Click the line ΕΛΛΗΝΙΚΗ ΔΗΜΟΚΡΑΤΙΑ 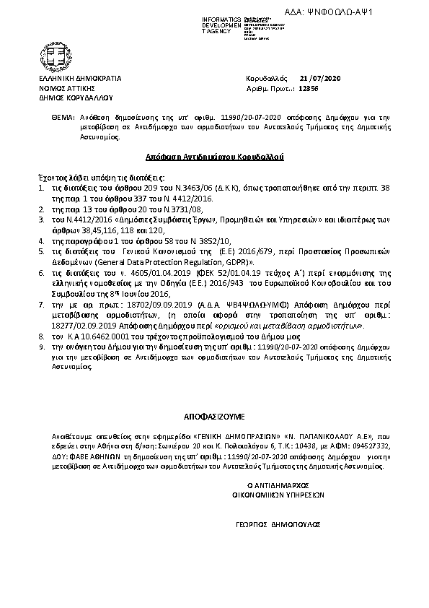80,77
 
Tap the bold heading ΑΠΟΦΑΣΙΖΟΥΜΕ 215,417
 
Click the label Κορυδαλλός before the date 267,77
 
